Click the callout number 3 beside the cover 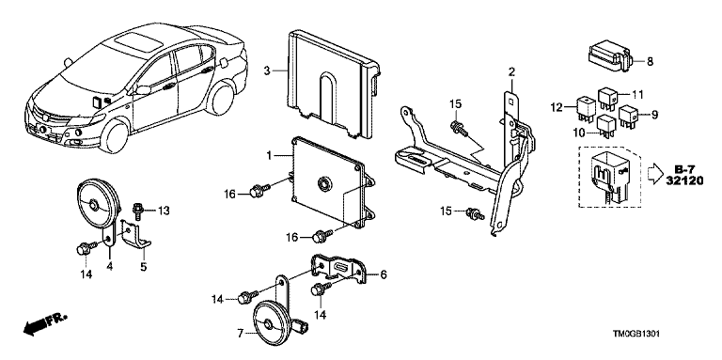click(x=267, y=70)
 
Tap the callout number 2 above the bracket click(x=511, y=71)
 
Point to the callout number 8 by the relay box click(x=650, y=62)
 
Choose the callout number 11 click(x=636, y=95)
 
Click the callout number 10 click(x=579, y=133)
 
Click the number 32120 click(x=685, y=180)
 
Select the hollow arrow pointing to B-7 click(x=655, y=175)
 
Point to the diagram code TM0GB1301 click(x=636, y=334)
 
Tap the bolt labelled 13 click(x=136, y=210)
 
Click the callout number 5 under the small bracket click(x=143, y=266)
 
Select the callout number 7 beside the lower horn click(x=240, y=334)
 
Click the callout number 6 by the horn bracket click(x=384, y=274)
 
